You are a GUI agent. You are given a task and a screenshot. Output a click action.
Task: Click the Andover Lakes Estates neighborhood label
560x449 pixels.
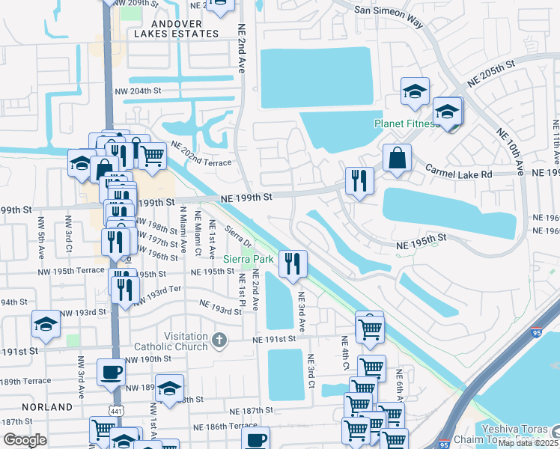coord(177,28)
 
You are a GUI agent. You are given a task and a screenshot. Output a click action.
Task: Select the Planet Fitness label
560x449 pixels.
coord(407,123)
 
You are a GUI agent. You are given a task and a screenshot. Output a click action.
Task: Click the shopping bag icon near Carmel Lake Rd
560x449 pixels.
coord(397,158)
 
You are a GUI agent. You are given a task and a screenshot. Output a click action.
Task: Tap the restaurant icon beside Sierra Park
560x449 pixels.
coord(292,263)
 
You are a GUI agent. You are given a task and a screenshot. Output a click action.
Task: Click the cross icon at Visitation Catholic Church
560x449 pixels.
coord(219,340)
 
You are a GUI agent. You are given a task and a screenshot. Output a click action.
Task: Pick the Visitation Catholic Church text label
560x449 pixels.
coord(171,341)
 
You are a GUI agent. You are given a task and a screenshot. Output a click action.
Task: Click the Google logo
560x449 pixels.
coord(25,439)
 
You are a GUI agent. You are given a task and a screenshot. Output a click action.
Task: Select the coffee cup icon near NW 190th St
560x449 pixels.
coord(111,372)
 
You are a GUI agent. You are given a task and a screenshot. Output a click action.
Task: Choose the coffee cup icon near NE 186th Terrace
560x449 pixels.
coord(255,439)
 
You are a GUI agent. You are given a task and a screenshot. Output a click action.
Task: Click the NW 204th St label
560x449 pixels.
coord(138,91)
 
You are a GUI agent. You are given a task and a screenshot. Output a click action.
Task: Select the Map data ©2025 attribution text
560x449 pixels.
coord(529,443)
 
